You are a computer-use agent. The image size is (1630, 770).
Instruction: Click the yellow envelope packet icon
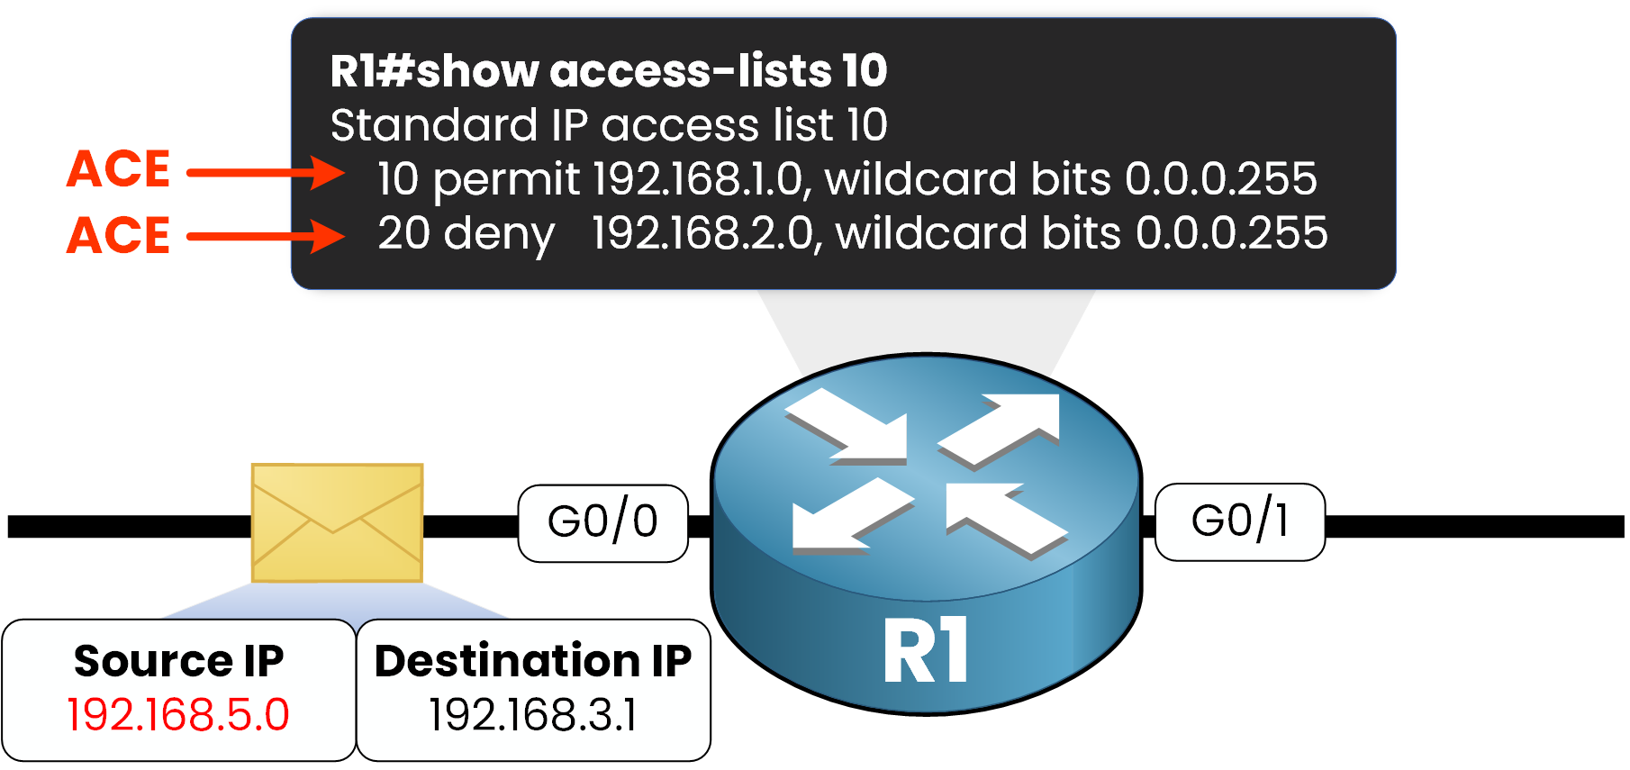[x=337, y=522]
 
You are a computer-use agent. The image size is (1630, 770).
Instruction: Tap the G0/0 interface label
[x=602, y=522]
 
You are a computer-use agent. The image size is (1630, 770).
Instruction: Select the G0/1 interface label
[x=1239, y=521]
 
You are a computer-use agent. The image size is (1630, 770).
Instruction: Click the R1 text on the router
[x=926, y=650]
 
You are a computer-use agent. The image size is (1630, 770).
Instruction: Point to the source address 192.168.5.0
[x=178, y=715]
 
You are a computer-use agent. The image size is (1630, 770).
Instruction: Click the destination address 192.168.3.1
[x=533, y=715]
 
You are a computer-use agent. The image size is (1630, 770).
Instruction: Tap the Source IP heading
[x=178, y=661]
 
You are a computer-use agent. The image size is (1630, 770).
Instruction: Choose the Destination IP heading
[x=533, y=661]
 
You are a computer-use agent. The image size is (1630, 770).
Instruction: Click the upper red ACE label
[x=119, y=169]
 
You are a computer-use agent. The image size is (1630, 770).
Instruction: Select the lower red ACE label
[x=119, y=236]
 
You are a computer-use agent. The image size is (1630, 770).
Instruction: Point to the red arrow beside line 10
[x=266, y=172]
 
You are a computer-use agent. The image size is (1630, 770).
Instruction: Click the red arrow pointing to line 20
[x=266, y=237]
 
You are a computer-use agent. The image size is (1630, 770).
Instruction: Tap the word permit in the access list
[x=506, y=179]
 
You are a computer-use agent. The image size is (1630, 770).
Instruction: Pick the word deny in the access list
[x=499, y=233]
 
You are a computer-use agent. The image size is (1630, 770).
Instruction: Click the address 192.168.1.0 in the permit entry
[x=702, y=179]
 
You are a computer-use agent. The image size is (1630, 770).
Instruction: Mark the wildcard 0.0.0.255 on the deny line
[x=1231, y=233]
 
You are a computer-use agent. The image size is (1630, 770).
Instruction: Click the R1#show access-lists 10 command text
[x=609, y=71]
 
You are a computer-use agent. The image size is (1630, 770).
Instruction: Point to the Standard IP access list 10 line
[x=609, y=125]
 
